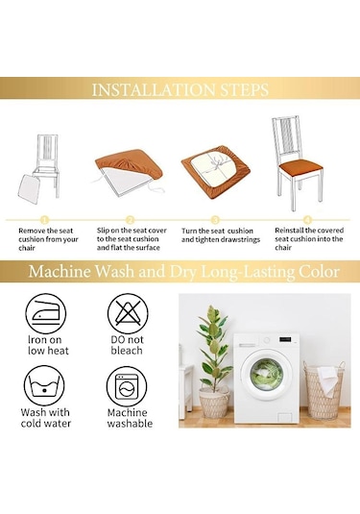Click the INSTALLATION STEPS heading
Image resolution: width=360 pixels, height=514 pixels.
tap(180, 91)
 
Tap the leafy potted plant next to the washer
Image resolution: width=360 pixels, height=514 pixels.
tap(212, 360)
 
